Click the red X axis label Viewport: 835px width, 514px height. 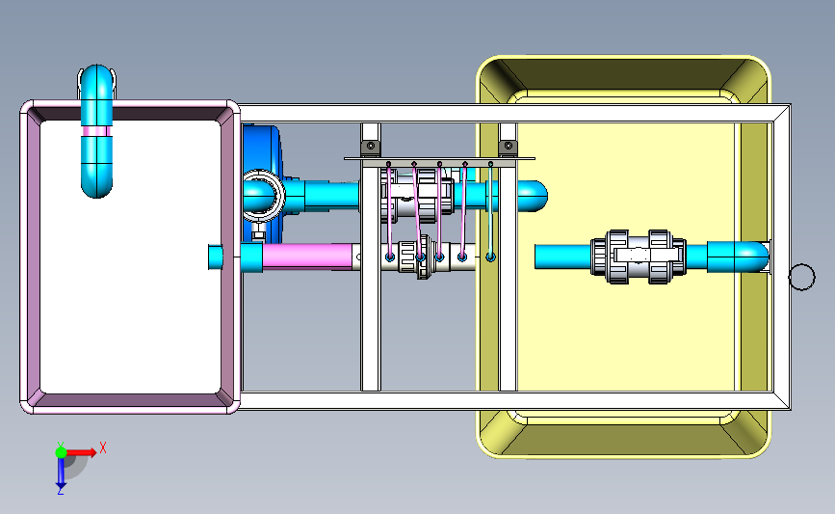pos(103,447)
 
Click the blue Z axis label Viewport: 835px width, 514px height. pos(60,491)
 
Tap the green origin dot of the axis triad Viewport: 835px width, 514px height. pos(61,452)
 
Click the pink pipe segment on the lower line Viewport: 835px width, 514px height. pos(307,256)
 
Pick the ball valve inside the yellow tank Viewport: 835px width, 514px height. pos(638,257)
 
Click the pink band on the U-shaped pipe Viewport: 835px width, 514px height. pos(96,131)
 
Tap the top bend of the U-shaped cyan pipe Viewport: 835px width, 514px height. pos(96,74)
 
